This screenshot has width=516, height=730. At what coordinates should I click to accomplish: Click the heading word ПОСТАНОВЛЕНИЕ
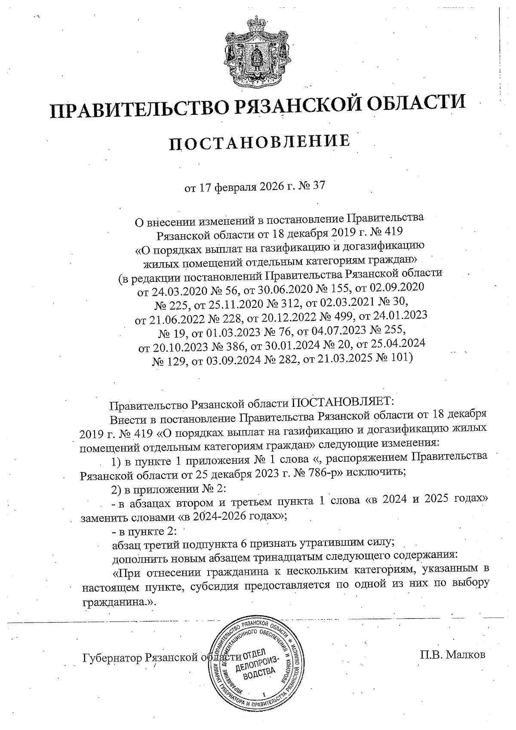pyautogui.click(x=259, y=142)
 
